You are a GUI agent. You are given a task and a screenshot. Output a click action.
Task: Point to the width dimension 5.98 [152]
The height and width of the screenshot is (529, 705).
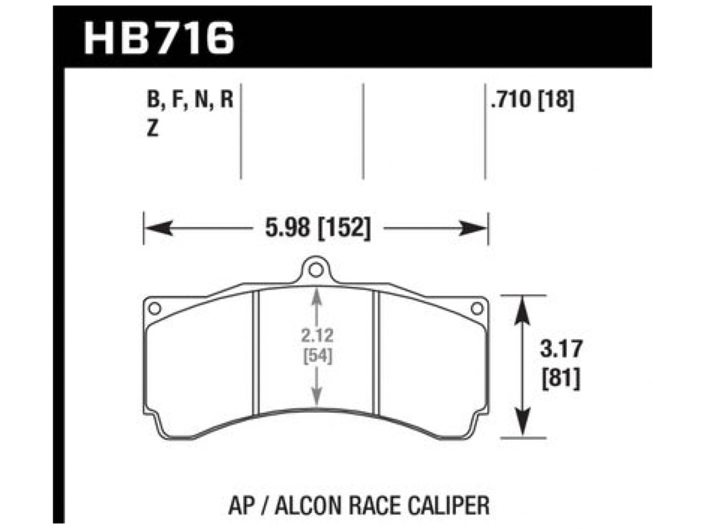[316, 228]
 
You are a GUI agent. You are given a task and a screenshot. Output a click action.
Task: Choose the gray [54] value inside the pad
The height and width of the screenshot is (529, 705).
[317, 357]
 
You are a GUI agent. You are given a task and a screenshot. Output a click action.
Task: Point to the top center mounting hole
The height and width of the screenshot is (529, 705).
[316, 271]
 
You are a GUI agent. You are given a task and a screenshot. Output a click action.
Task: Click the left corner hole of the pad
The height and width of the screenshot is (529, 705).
[155, 307]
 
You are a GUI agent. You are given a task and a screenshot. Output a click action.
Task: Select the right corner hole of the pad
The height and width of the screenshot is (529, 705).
[477, 307]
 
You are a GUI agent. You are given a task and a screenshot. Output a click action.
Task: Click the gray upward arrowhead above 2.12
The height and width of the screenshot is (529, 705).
[316, 298]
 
